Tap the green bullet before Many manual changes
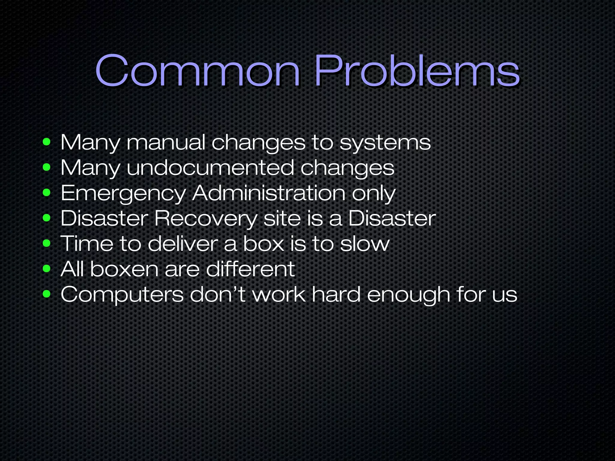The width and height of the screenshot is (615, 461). pyautogui.click(x=47, y=142)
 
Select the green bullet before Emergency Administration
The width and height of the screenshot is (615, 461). pyautogui.click(x=47, y=192)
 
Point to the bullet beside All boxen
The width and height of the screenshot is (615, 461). pyautogui.click(x=47, y=268)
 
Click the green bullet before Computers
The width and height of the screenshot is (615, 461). pyautogui.click(x=47, y=294)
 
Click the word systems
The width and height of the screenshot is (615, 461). pyautogui.click(x=385, y=143)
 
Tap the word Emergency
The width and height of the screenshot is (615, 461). pyautogui.click(x=123, y=194)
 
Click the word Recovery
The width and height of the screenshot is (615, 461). pyautogui.click(x=206, y=218)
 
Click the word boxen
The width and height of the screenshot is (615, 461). pyautogui.click(x=124, y=269)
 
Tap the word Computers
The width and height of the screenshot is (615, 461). pyautogui.click(x=122, y=294)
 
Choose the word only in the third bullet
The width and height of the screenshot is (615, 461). pyautogui.click(x=374, y=194)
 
